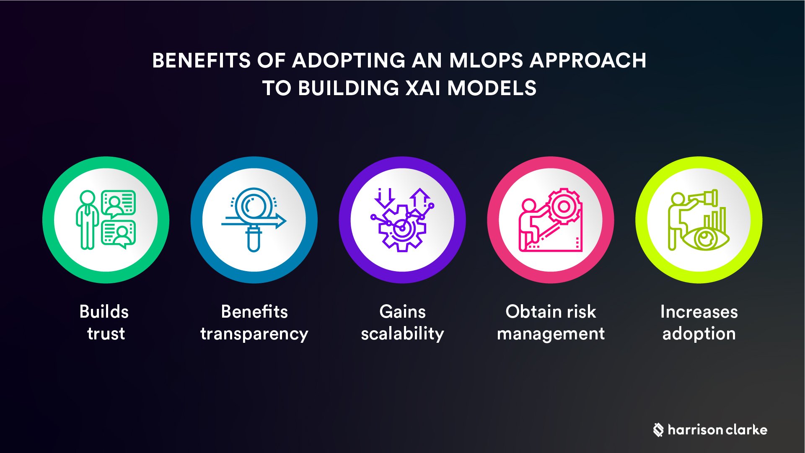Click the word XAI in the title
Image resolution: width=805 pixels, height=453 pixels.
click(423, 88)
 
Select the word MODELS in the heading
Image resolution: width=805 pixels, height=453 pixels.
click(492, 88)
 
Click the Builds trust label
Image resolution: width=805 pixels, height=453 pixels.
click(104, 322)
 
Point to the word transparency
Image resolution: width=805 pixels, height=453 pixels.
click(254, 334)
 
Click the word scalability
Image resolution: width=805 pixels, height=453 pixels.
click(402, 334)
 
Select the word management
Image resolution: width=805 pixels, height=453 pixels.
click(551, 334)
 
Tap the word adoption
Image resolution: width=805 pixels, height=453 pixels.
click(699, 334)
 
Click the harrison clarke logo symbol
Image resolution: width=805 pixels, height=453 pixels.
click(658, 430)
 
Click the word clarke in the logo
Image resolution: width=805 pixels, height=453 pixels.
click(746, 430)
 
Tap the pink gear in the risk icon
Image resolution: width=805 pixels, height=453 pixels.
click(564, 206)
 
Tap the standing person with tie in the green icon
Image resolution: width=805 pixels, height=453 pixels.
click(87, 220)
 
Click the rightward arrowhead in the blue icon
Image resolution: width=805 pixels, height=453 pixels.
click(280, 221)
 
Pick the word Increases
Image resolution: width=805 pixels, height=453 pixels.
click(699, 312)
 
